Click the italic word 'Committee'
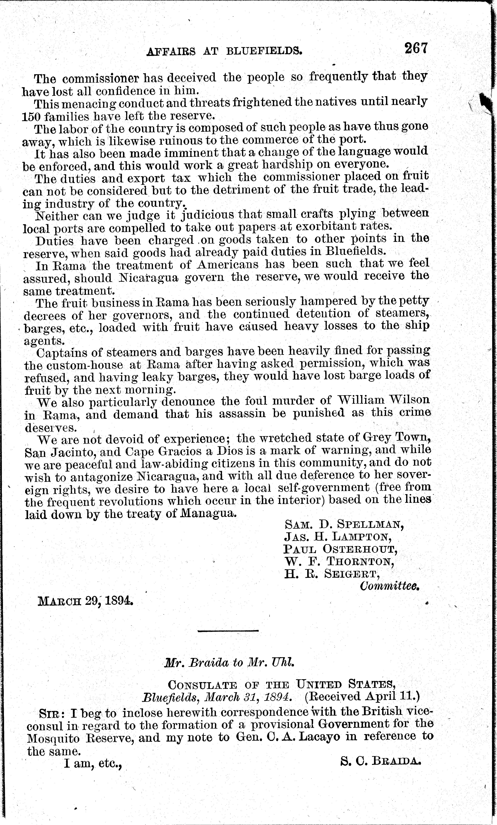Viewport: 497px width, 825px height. coord(390,586)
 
